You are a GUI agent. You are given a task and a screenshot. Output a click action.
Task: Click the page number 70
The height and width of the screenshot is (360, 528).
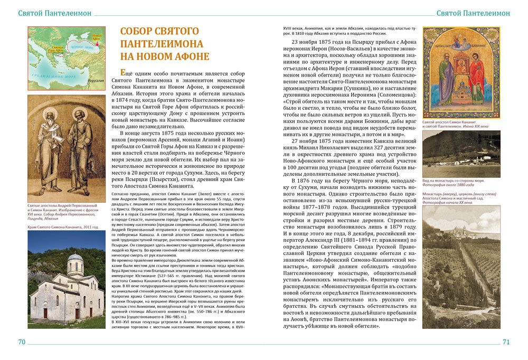coord(22,342)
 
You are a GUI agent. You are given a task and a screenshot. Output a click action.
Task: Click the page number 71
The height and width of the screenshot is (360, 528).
coord(506,342)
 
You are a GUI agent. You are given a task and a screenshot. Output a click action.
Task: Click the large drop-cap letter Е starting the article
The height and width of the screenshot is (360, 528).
coord(123,74)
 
